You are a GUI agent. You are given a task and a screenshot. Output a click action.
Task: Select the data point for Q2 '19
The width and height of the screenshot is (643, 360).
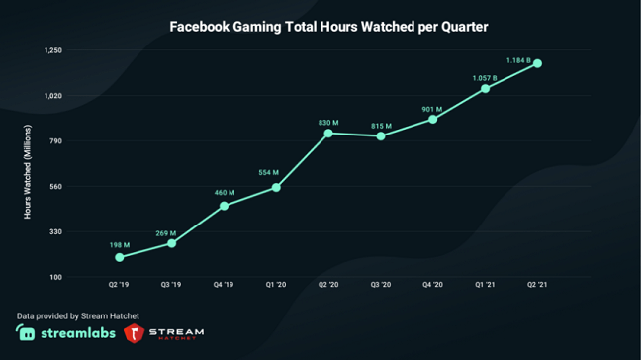[x=120, y=257]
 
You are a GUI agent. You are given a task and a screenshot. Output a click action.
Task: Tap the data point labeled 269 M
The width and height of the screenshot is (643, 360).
[x=172, y=243]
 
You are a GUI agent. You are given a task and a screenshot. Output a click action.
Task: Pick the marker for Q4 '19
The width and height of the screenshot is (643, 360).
[x=225, y=206]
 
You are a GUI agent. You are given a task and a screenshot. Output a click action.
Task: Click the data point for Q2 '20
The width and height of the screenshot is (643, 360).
[x=328, y=133]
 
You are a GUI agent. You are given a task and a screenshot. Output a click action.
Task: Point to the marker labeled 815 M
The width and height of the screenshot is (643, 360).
[x=381, y=135]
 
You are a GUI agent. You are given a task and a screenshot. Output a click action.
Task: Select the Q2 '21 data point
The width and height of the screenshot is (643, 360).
[x=538, y=64]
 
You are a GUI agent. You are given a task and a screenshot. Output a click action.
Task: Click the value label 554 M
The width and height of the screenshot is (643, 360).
[x=268, y=173]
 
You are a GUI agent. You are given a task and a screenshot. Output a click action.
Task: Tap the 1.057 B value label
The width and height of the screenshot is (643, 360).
[x=485, y=77]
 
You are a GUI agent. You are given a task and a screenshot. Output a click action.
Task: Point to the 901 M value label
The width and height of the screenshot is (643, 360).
[x=432, y=109]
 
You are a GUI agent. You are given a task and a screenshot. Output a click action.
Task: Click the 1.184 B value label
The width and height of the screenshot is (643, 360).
[x=518, y=60]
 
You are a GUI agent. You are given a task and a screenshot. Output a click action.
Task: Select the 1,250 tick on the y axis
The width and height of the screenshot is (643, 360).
[x=53, y=50]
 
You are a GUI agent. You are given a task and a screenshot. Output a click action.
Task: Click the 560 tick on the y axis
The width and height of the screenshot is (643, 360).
[x=55, y=187]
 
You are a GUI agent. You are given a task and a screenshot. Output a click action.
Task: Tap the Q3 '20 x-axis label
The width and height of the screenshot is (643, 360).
[x=381, y=284]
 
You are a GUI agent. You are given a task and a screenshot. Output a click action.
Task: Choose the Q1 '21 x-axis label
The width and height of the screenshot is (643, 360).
[x=485, y=284]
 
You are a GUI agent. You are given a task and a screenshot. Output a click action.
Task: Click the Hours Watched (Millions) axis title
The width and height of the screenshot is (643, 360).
[x=28, y=170]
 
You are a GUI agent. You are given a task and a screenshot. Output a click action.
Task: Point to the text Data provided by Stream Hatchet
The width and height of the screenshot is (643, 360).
[x=78, y=315]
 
